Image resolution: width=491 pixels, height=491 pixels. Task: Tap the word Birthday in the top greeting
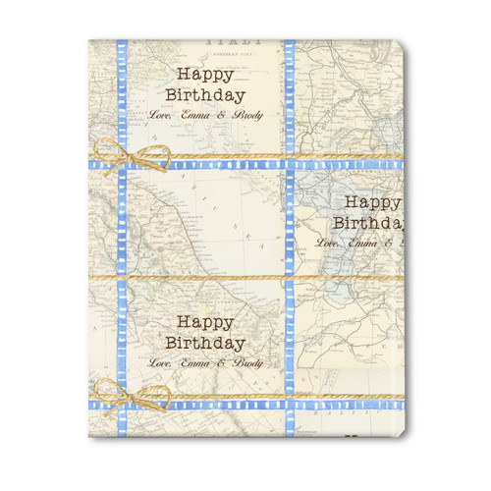(x=206, y=96)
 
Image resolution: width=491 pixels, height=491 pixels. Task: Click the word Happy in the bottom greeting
(x=206, y=323)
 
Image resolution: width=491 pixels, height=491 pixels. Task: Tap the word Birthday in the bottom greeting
(x=206, y=343)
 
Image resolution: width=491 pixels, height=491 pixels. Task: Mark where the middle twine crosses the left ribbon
(x=122, y=277)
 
